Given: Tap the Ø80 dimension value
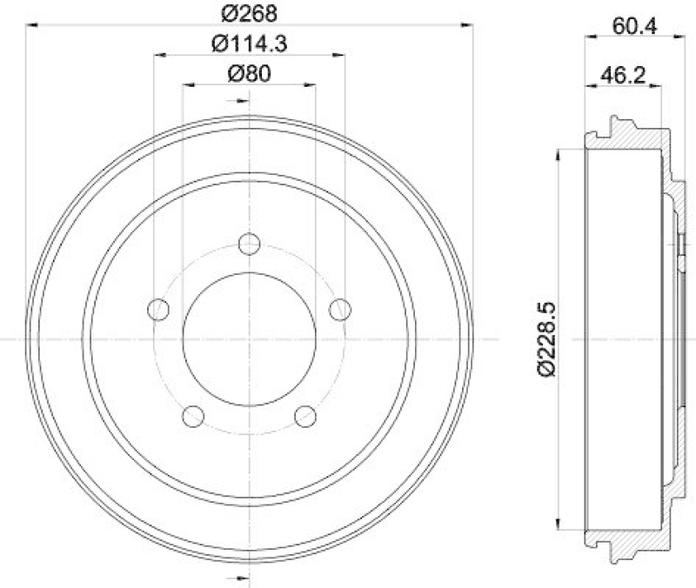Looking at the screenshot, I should point(250,73).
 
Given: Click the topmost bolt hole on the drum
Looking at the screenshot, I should point(250,244).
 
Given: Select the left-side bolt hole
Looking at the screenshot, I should point(158,309).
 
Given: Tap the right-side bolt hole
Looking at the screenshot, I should point(340,309).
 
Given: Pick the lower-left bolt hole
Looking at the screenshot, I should point(193,417).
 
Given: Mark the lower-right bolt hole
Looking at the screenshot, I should point(304,417).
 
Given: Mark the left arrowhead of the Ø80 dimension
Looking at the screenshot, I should point(188,85).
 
